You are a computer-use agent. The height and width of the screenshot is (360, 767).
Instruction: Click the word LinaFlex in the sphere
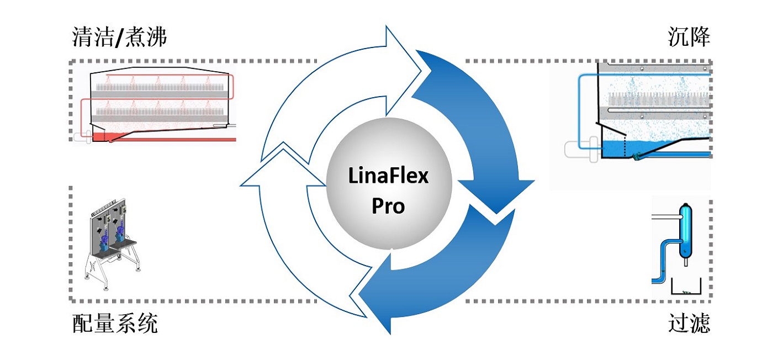[x=388, y=176]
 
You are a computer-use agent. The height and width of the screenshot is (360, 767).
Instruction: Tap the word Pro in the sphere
[x=388, y=206]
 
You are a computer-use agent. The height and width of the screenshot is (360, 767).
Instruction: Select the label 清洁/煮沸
[x=119, y=36]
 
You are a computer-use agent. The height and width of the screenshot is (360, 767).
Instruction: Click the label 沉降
[x=689, y=36]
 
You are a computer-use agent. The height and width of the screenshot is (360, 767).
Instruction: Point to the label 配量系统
[x=115, y=323]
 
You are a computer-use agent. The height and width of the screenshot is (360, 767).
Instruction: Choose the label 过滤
[x=689, y=323]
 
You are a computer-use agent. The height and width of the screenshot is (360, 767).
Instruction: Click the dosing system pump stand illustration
[x=112, y=244]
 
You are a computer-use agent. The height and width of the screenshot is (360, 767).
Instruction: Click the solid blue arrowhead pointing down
[x=496, y=195]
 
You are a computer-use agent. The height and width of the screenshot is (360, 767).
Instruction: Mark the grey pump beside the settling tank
[x=581, y=149]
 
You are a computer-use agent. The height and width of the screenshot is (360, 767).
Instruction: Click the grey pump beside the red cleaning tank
[x=82, y=137]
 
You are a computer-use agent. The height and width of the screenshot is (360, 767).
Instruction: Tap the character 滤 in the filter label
[x=700, y=323]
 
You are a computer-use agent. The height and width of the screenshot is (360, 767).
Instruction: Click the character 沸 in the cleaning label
[x=156, y=36]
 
